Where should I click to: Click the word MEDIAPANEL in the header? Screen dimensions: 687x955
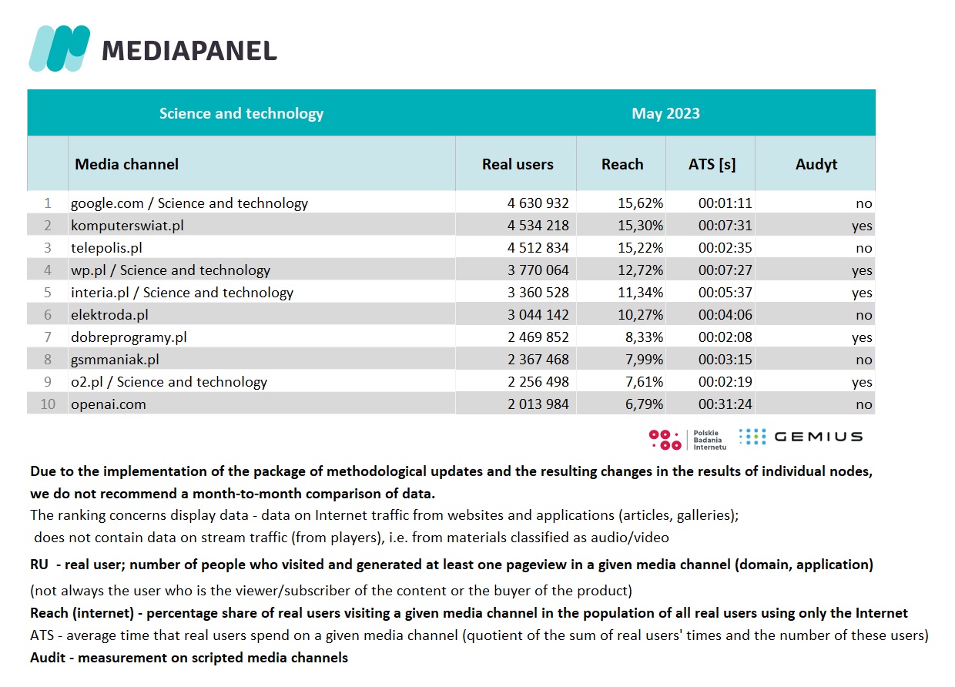(189, 51)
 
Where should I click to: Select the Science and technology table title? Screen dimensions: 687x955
(241, 113)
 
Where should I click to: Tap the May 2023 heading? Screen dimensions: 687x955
(665, 113)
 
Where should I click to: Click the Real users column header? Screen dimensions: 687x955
(518, 164)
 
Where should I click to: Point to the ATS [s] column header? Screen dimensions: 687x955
(712, 164)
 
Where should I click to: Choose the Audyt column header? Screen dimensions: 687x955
(816, 164)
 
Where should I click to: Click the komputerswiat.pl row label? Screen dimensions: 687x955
(127, 226)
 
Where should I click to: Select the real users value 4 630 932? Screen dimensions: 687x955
(538, 203)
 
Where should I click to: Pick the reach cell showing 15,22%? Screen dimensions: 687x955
(645, 248)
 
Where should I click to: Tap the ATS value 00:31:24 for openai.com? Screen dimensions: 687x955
(725, 404)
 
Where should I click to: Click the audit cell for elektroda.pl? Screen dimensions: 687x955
(863, 315)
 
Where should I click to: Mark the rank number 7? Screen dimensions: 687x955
(48, 337)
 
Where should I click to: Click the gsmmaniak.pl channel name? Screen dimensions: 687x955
(115, 360)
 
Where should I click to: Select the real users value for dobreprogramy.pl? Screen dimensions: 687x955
(538, 337)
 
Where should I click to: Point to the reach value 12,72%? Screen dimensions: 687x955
(645, 270)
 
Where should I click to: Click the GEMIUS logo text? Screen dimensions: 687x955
(818, 437)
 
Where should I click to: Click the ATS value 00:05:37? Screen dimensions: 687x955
(725, 293)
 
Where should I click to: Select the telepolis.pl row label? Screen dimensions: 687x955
(106, 248)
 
